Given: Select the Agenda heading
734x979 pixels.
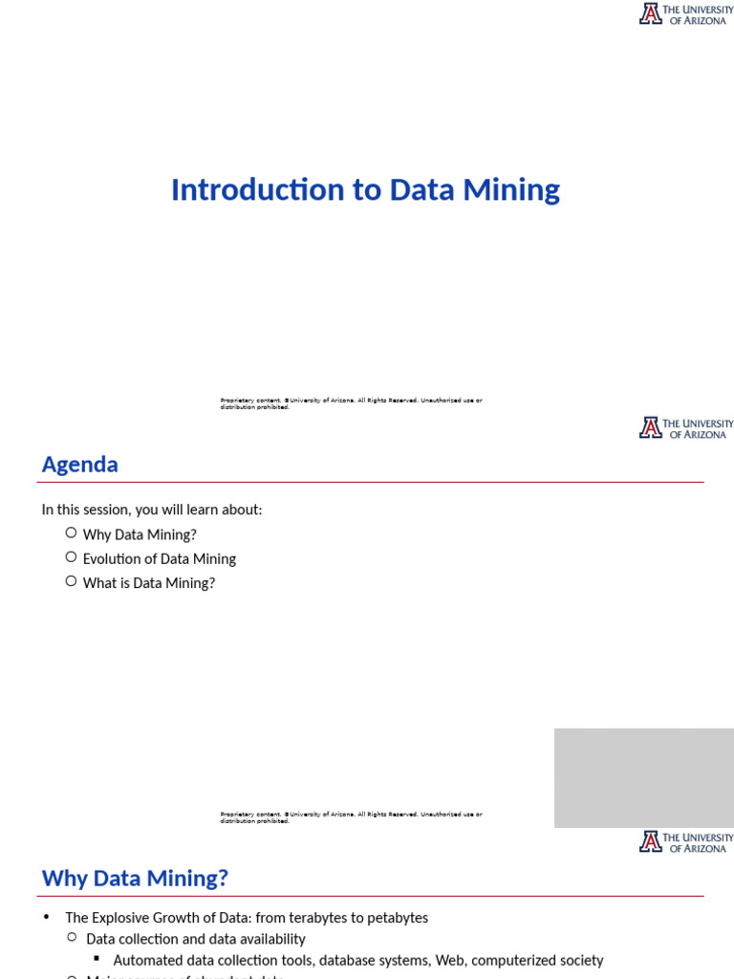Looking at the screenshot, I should click(79, 465).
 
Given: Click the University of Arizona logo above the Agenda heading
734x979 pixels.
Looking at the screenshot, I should click(685, 428).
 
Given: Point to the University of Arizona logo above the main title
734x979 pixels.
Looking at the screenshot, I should click(685, 13).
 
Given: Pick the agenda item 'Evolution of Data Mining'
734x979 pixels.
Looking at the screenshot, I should click(159, 559).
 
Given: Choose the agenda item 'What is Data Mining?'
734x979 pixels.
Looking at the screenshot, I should click(148, 583).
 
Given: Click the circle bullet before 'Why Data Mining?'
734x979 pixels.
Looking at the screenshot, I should click(71, 533).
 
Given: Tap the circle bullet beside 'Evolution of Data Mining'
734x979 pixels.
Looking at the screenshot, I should click(71, 557).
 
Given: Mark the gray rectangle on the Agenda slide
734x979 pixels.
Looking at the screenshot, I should click(643, 777).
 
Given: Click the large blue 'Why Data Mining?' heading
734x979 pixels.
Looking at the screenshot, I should click(135, 878).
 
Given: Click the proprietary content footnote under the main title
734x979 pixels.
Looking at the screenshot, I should click(351, 403).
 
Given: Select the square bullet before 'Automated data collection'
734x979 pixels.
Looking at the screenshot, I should click(97, 958).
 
